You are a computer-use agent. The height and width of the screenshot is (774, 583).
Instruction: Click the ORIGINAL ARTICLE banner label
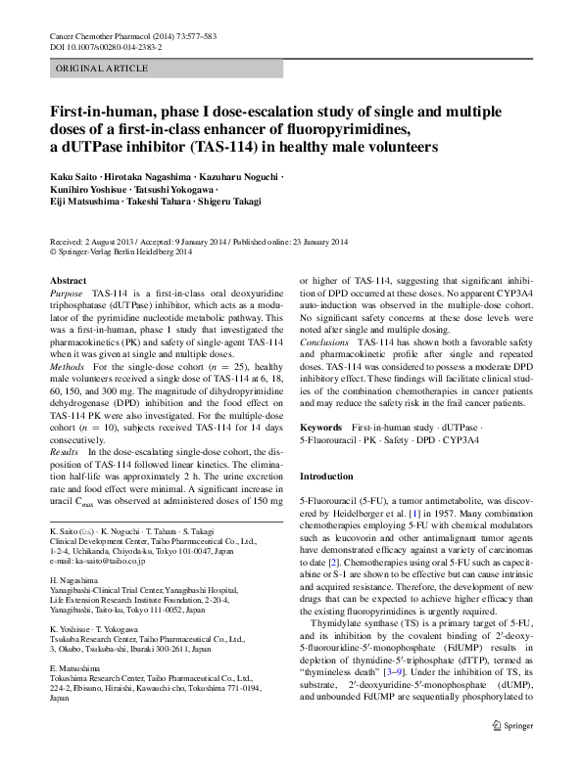(x=91, y=70)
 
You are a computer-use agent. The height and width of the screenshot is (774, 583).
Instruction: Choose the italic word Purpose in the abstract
(x=66, y=294)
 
